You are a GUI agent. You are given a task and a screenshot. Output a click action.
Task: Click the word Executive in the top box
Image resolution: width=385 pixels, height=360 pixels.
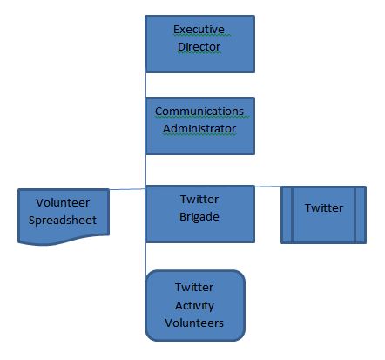[199, 30]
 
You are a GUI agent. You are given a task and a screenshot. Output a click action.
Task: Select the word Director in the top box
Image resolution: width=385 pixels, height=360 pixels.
[199, 47]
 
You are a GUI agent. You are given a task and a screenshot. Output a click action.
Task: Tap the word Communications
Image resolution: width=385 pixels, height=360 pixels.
[199, 112]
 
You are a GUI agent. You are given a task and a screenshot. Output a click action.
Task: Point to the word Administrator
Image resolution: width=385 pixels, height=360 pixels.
[199, 129]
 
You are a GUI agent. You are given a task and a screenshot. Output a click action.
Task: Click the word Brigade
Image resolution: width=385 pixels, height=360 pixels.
[199, 217]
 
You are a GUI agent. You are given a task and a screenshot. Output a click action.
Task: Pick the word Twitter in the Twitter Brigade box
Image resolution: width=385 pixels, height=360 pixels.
[199, 200]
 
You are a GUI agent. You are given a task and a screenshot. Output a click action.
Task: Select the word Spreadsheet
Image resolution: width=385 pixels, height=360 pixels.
[63, 221]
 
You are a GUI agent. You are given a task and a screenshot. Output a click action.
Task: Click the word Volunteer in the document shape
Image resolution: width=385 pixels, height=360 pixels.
[63, 203]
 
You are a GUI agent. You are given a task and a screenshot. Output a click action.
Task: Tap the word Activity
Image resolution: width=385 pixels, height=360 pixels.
[194, 306]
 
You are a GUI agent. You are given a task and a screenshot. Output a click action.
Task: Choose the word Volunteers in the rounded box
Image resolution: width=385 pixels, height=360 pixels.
[194, 323]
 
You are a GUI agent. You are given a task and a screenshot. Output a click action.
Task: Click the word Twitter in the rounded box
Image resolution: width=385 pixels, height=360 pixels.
[194, 288]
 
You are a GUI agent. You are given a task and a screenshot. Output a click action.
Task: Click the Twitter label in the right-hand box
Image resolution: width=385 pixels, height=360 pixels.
[324, 208]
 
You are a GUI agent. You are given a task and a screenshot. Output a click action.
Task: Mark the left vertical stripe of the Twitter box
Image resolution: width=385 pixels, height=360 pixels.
[292, 214]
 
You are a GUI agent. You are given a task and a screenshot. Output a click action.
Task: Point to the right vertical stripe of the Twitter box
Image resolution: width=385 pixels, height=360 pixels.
[355, 214]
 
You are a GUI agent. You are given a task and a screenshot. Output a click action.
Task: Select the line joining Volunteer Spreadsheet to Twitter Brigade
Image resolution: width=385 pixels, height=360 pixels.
[127, 189]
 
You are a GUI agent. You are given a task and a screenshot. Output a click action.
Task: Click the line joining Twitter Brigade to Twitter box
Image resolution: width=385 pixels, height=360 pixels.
[268, 187]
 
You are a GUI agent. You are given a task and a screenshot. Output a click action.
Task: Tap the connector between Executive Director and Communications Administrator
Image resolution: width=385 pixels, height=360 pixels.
[145, 85]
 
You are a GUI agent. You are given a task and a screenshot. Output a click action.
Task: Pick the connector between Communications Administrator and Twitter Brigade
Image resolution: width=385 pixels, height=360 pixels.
[145, 170]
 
